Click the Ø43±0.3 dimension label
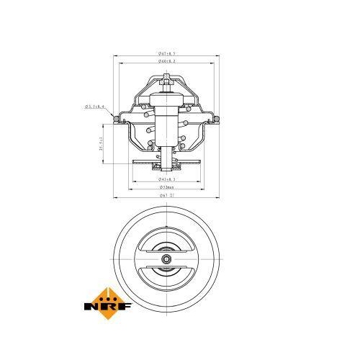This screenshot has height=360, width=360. pyautogui.click(x=167, y=178)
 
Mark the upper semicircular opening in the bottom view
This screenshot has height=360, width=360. pyautogui.click(x=167, y=246)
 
